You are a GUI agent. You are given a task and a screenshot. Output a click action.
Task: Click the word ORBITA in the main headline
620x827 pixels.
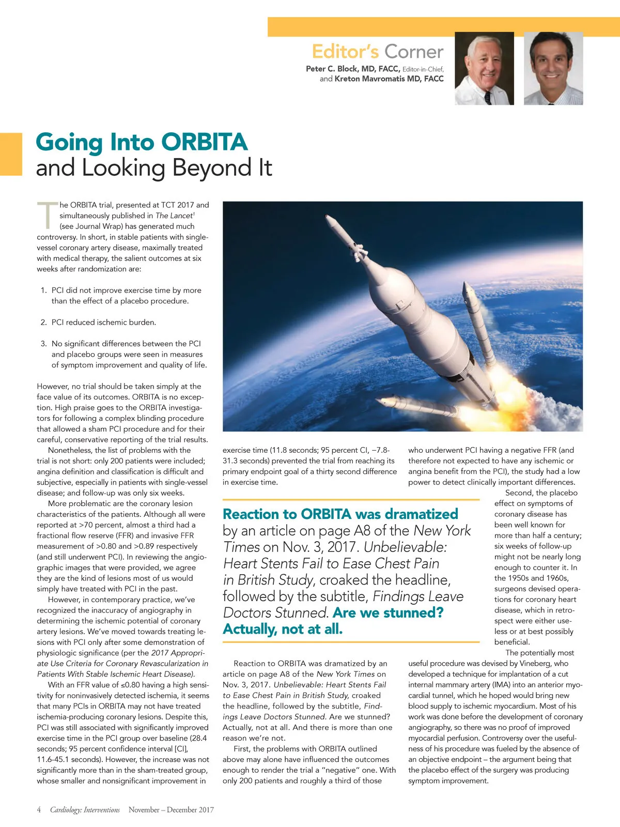(x=205, y=143)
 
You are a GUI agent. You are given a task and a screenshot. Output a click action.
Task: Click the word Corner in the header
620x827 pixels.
(x=414, y=52)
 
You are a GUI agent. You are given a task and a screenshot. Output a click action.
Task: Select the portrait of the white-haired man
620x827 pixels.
(x=484, y=68)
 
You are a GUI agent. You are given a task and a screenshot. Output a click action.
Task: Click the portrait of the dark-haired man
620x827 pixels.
(x=553, y=68)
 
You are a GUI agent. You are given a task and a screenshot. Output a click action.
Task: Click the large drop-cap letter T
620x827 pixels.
(x=47, y=215)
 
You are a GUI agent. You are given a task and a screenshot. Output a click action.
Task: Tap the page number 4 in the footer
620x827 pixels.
(x=39, y=810)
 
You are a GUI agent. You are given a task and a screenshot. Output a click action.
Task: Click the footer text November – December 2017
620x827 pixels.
(x=171, y=810)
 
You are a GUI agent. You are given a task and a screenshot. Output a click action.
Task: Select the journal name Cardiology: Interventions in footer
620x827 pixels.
(x=85, y=810)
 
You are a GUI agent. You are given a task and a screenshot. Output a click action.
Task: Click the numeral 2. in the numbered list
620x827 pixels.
(x=43, y=323)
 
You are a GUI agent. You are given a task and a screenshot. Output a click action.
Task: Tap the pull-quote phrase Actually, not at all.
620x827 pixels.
(x=283, y=629)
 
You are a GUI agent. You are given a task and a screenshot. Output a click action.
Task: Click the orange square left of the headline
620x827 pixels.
(x=11, y=154)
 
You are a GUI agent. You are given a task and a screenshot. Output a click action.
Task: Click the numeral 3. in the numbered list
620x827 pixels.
(x=43, y=344)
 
